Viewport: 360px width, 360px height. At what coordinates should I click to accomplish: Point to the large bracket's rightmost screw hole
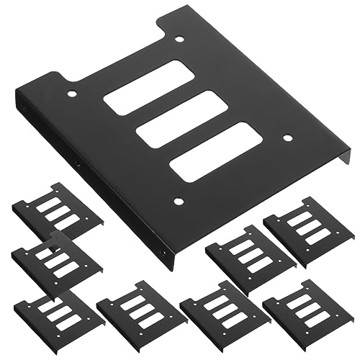(x=287, y=138)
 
